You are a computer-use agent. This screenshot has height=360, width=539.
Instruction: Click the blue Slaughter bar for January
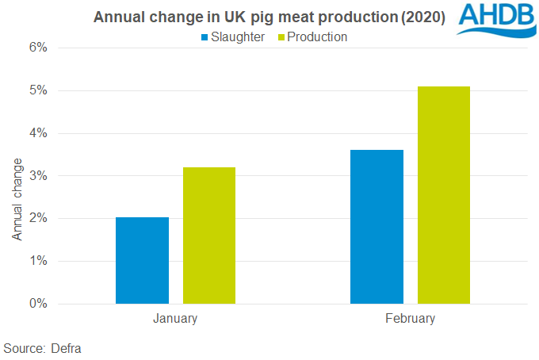[x=142, y=260]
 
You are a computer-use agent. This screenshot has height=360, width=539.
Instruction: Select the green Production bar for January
[x=209, y=236]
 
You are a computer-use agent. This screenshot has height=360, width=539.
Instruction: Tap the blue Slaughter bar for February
[x=377, y=227]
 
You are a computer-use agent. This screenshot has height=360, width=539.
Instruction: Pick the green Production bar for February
[x=444, y=195]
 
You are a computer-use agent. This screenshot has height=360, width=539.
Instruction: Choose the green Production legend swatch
[x=280, y=37]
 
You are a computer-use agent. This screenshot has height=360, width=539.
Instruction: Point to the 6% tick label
[x=38, y=48]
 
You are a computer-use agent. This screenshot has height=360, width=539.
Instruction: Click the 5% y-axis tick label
[x=38, y=90]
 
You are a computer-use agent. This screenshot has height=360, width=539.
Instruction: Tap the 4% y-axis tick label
[x=38, y=133]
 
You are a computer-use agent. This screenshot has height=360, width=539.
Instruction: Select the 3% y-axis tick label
[x=38, y=175]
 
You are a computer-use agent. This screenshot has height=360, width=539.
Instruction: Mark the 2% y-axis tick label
[x=38, y=218]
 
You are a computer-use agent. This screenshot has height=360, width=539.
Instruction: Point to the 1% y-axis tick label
[x=38, y=261]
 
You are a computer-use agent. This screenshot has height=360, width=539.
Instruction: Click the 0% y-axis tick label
[x=38, y=304]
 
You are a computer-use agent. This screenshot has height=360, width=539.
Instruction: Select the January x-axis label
[x=175, y=319]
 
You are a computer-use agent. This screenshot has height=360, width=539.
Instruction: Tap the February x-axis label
[x=410, y=319]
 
